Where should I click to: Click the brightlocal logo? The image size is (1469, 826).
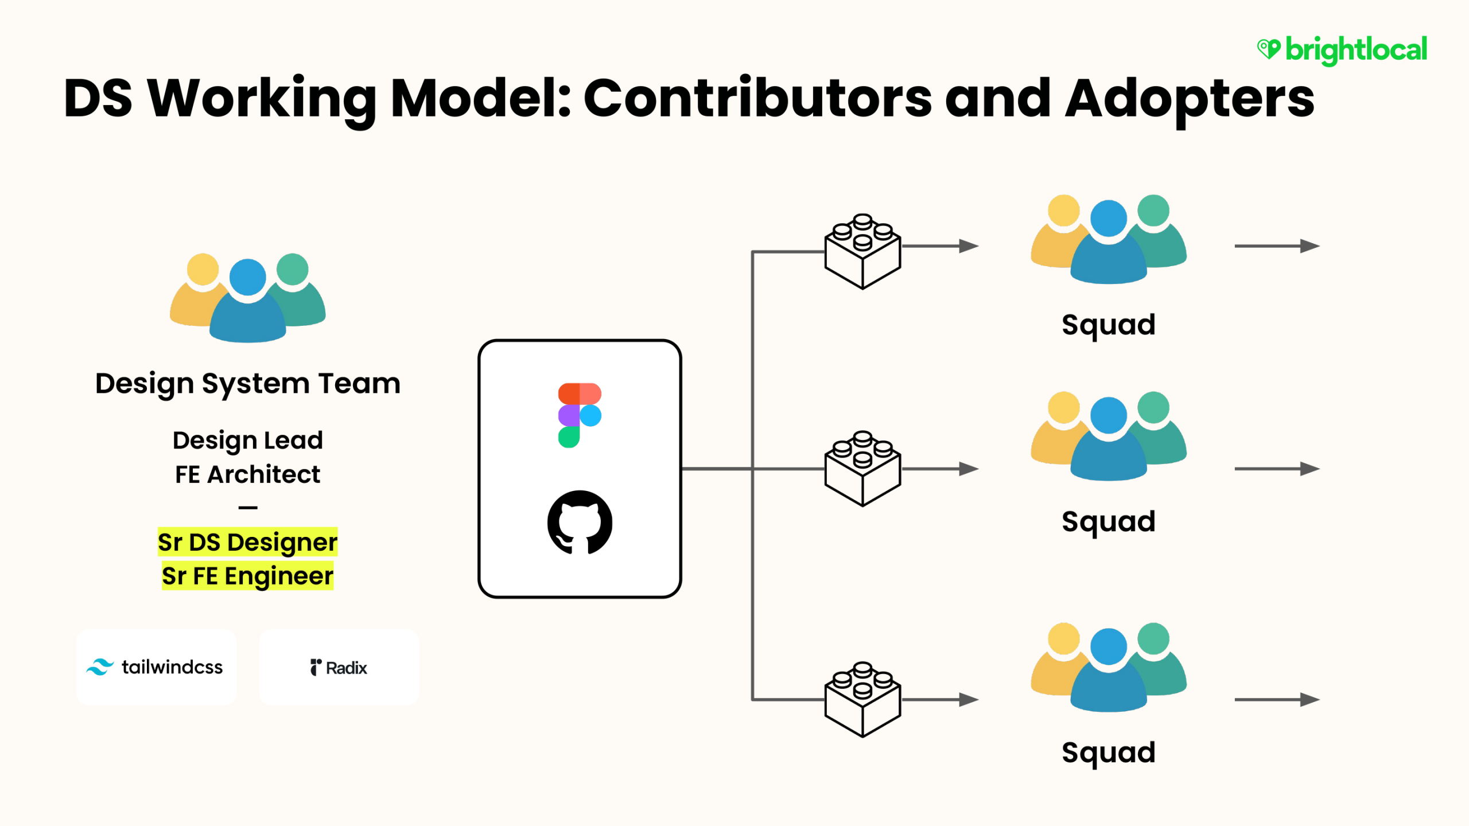pyautogui.click(x=1342, y=50)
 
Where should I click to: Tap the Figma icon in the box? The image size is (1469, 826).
pyautogui.click(x=580, y=415)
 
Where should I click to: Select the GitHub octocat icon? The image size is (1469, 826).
pyautogui.click(x=580, y=522)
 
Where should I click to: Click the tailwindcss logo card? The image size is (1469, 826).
pyautogui.click(x=156, y=667)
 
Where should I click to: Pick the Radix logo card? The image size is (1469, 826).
pyautogui.click(x=339, y=667)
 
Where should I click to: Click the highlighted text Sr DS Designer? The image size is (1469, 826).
pyautogui.click(x=248, y=542)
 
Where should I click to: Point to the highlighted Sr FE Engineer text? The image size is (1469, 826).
pyautogui.click(x=248, y=576)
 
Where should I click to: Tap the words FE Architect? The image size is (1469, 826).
pyautogui.click(x=248, y=474)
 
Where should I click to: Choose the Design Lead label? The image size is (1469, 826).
pyautogui.click(x=248, y=441)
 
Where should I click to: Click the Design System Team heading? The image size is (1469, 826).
pyautogui.click(x=248, y=384)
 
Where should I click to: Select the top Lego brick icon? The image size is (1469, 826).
pyautogui.click(x=862, y=251)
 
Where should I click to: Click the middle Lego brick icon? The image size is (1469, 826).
pyautogui.click(x=862, y=469)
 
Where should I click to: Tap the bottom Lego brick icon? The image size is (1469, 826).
pyautogui.click(x=862, y=699)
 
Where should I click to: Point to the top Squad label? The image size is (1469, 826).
pyautogui.click(x=1109, y=325)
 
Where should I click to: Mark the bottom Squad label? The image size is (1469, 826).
pyautogui.click(x=1109, y=753)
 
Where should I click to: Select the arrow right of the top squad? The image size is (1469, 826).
pyautogui.click(x=1277, y=246)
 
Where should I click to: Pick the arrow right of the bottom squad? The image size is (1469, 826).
pyautogui.click(x=1277, y=700)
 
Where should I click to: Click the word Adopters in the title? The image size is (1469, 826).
pyautogui.click(x=1190, y=99)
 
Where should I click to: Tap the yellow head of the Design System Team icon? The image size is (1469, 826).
pyautogui.click(x=203, y=270)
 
